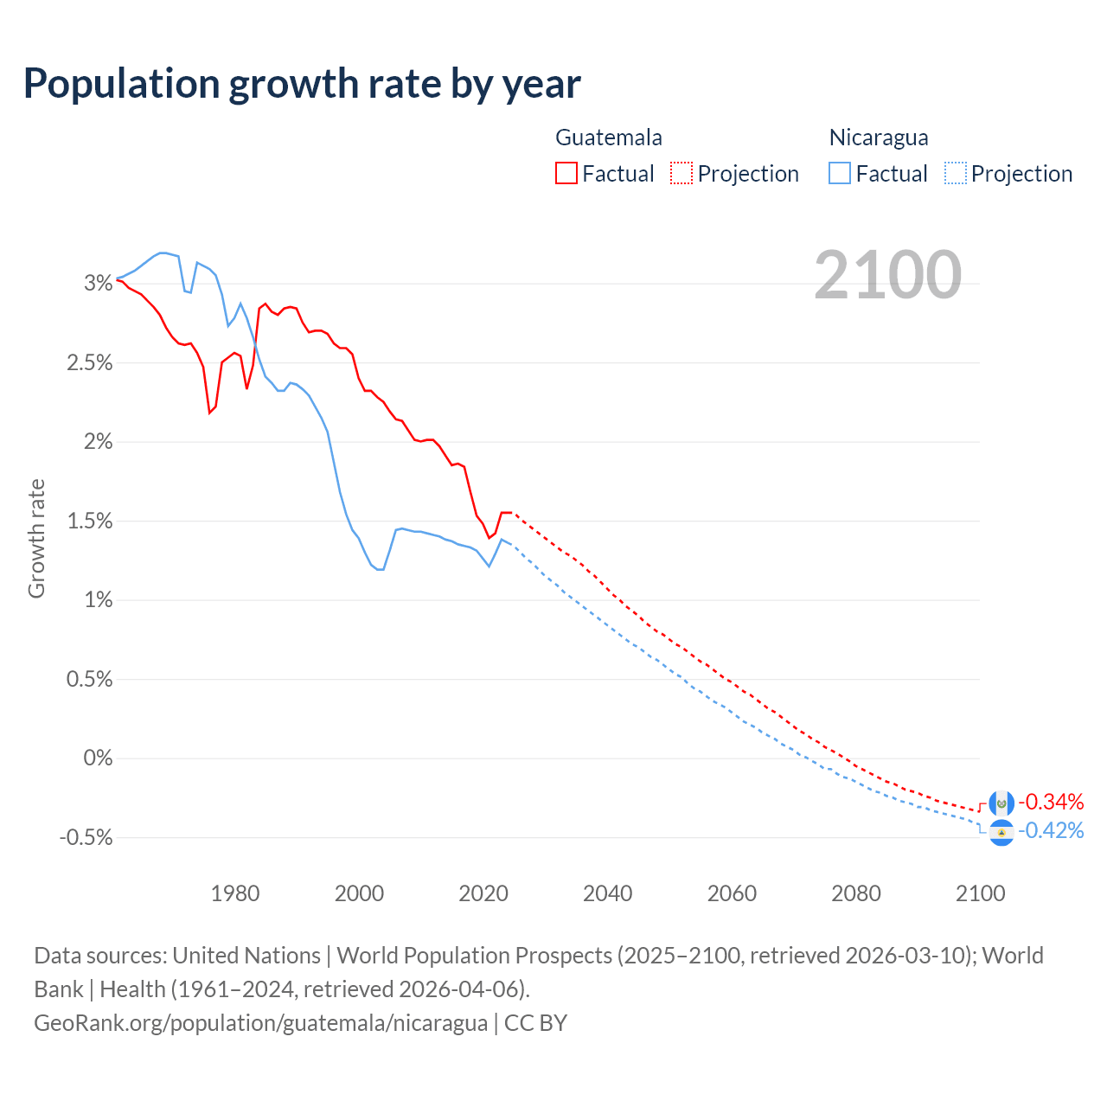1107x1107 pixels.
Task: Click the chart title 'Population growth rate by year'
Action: [x=302, y=84]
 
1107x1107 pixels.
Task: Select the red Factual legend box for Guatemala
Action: [x=566, y=174]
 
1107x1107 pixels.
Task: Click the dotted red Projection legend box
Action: [x=681, y=174]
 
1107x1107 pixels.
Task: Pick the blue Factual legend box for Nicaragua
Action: [x=839, y=174]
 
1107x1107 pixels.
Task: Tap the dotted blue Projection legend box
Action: [x=955, y=174]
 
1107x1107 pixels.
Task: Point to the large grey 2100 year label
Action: [x=887, y=275]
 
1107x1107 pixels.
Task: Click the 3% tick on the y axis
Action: [x=99, y=283]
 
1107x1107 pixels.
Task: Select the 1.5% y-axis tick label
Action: [x=90, y=521]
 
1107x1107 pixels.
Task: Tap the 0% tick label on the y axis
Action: [x=98, y=758]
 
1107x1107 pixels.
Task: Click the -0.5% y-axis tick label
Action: [x=86, y=838]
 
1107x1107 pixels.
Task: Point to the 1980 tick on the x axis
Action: [x=235, y=893]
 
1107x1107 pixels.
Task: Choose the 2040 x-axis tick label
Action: [x=607, y=893]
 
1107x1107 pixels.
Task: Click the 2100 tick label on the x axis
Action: [x=980, y=893]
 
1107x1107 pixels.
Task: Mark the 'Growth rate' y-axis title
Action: [x=36, y=538]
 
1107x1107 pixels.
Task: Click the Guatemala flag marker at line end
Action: [x=1001, y=803]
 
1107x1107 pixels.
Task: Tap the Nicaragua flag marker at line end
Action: [x=1001, y=833]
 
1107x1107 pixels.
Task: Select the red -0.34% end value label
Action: [x=1050, y=802]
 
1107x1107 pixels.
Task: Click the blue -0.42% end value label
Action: [x=1050, y=831]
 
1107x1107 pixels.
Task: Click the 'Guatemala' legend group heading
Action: [x=609, y=138]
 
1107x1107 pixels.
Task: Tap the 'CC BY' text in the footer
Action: [x=535, y=1023]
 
